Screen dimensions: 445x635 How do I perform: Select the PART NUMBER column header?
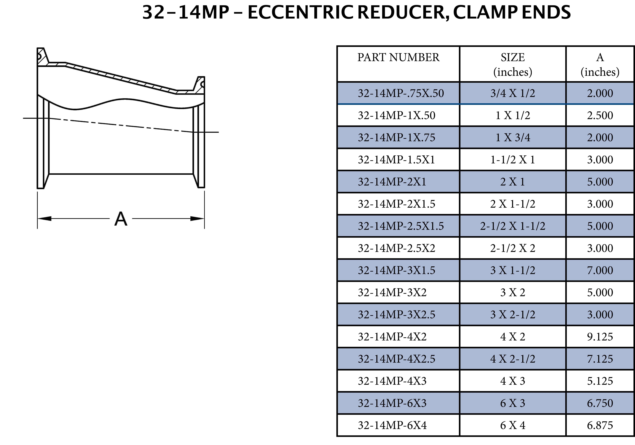point(398,58)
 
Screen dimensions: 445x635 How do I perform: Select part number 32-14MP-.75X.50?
point(401,93)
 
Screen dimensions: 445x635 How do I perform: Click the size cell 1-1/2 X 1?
point(512,160)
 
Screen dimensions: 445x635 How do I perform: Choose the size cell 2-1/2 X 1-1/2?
point(512,226)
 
